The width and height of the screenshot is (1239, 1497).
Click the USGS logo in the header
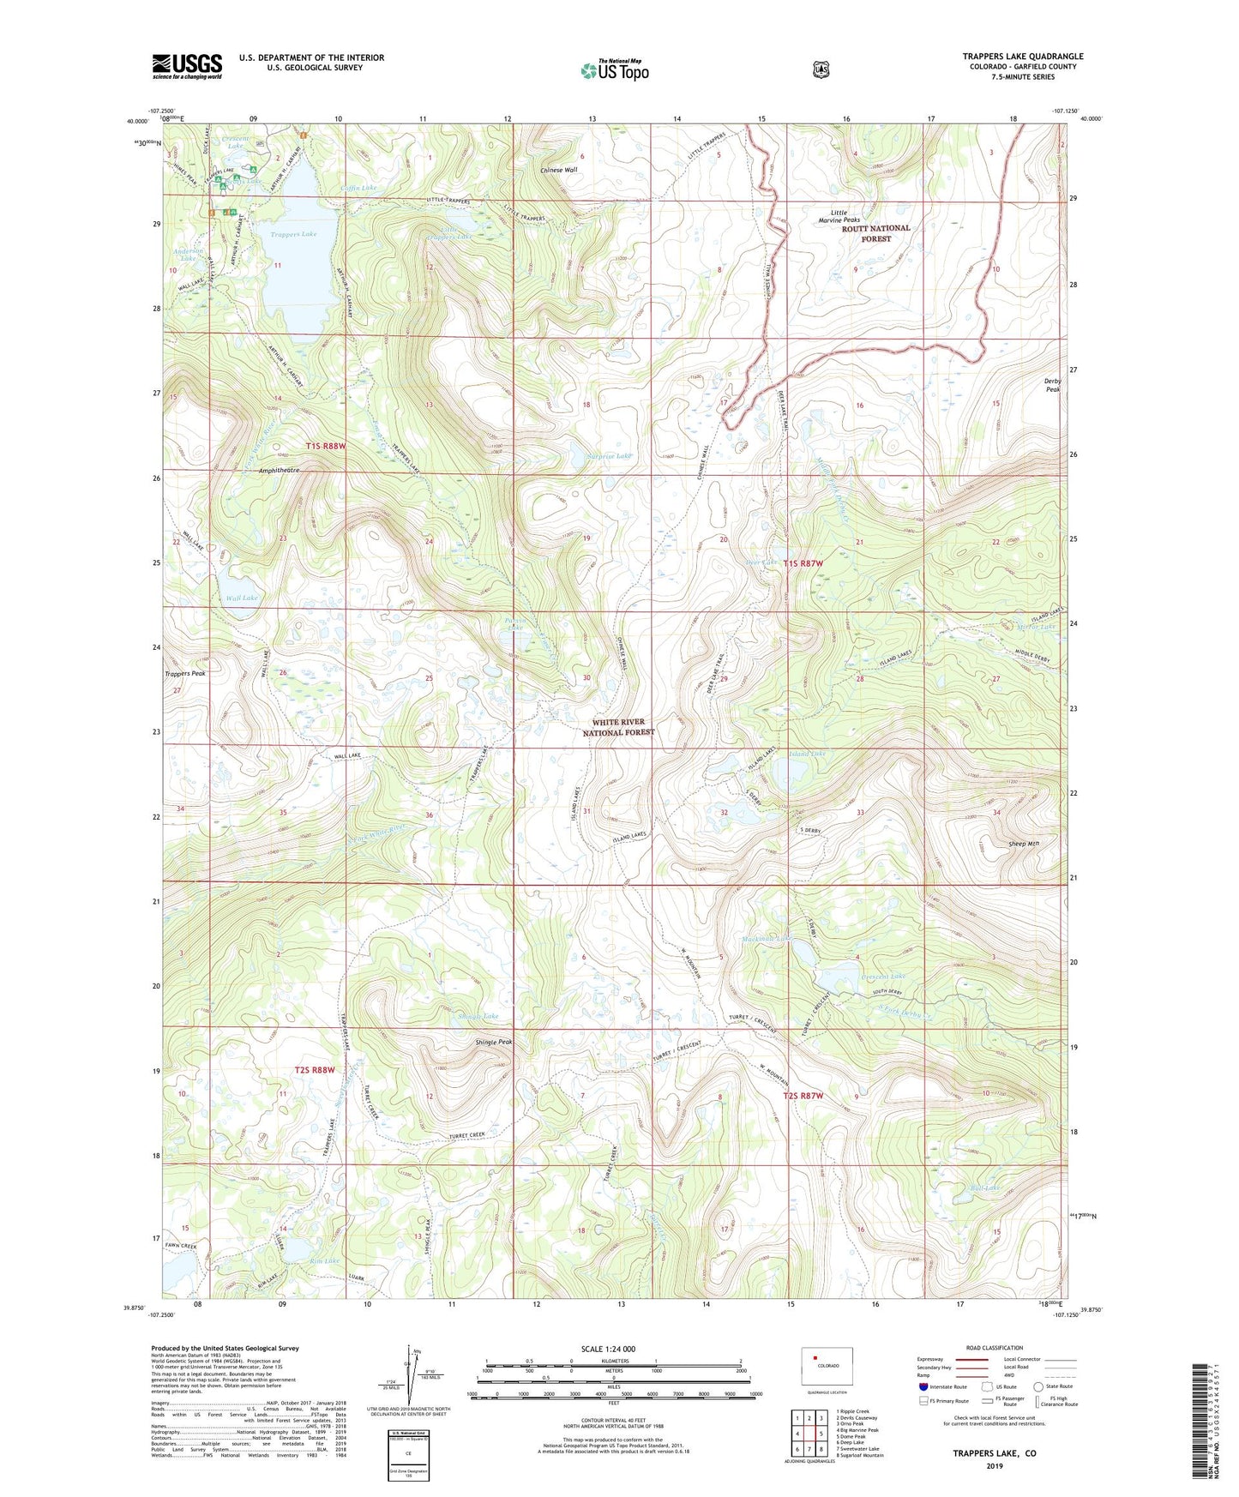[187, 66]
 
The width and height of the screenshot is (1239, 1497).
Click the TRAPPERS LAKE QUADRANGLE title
[1022, 57]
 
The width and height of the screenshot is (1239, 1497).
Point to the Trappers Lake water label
[293, 234]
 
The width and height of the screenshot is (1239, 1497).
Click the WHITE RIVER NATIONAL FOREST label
[618, 727]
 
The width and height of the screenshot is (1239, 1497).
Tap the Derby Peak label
[1052, 385]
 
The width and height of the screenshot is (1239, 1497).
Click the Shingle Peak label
[494, 1042]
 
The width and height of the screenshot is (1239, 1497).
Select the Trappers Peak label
[185, 673]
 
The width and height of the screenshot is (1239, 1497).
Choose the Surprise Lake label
[610, 456]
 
